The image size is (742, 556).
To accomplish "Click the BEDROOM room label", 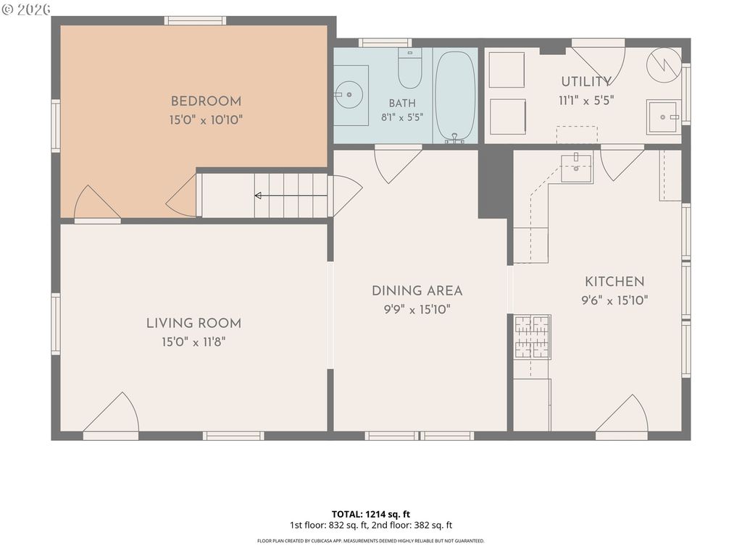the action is click(206, 101).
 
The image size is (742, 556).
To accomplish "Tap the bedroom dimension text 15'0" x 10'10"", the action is click(206, 120).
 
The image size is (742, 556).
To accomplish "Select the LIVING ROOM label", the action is click(193, 324).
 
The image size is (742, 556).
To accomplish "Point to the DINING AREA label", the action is click(417, 291).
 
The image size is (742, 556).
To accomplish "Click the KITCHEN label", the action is click(614, 282).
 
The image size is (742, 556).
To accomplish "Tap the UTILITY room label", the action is click(586, 82).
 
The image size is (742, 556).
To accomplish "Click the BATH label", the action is click(402, 103).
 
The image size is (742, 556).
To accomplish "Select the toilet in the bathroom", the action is click(410, 69).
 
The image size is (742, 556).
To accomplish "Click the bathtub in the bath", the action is click(455, 96).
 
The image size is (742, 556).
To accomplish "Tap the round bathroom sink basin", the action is click(349, 95).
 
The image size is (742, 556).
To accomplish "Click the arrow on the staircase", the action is click(291, 195).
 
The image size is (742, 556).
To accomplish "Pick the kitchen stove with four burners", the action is click(533, 337).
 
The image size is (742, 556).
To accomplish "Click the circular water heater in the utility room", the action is click(664, 64).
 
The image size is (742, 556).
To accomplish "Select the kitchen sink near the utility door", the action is click(576, 168).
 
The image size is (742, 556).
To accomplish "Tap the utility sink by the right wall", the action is click(663, 117).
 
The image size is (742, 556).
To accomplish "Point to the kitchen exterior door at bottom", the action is click(622, 415).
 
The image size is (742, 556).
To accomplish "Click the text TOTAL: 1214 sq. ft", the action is click(371, 515).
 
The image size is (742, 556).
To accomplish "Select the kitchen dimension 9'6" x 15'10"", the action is click(614, 300).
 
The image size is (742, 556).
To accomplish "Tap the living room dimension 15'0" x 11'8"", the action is click(193, 342).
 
